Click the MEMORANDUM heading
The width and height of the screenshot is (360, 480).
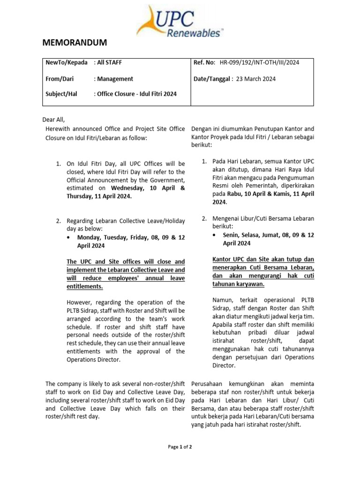75,43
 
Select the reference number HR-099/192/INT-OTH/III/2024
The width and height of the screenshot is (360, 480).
259,62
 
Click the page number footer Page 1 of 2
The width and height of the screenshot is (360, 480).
180,447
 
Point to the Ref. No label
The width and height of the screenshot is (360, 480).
204,62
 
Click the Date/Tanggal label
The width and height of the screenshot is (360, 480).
212,79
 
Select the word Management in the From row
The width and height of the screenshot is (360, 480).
115,79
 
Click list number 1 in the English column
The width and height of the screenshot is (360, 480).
59,164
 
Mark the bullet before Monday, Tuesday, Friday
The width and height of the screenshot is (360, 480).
69,238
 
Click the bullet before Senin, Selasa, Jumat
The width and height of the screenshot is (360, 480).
215,235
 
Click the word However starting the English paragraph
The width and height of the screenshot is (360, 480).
80,302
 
